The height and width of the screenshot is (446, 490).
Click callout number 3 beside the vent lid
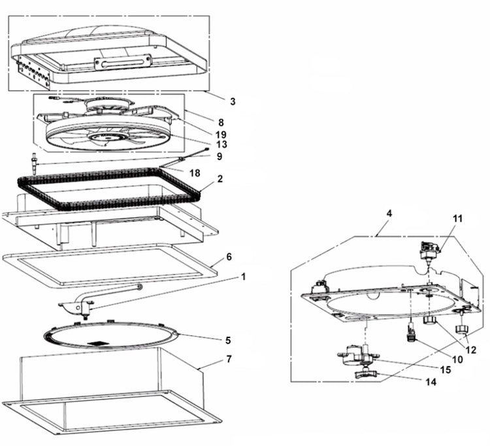tap(233, 101)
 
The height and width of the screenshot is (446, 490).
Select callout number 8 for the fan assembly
tap(221, 122)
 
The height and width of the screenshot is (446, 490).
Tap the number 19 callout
tap(221, 135)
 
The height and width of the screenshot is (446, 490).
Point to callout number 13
tap(221, 145)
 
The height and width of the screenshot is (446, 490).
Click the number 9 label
tap(220, 156)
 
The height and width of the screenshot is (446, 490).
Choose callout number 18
tap(195, 173)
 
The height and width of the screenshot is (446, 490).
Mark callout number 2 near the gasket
tap(220, 179)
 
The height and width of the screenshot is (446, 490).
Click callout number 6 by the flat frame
tap(229, 257)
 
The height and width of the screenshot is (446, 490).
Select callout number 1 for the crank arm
tap(243, 277)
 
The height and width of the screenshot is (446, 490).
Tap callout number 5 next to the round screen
tap(228, 340)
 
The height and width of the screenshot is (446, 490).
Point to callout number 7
tap(229, 360)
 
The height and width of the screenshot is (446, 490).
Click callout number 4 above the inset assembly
tap(389, 214)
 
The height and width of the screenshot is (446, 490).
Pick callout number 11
tap(457, 218)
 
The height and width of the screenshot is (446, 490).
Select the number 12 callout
tap(470, 350)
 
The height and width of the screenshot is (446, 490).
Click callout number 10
tap(457, 360)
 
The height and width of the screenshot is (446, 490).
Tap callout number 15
tap(446, 369)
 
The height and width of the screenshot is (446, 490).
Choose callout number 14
tap(431, 382)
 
